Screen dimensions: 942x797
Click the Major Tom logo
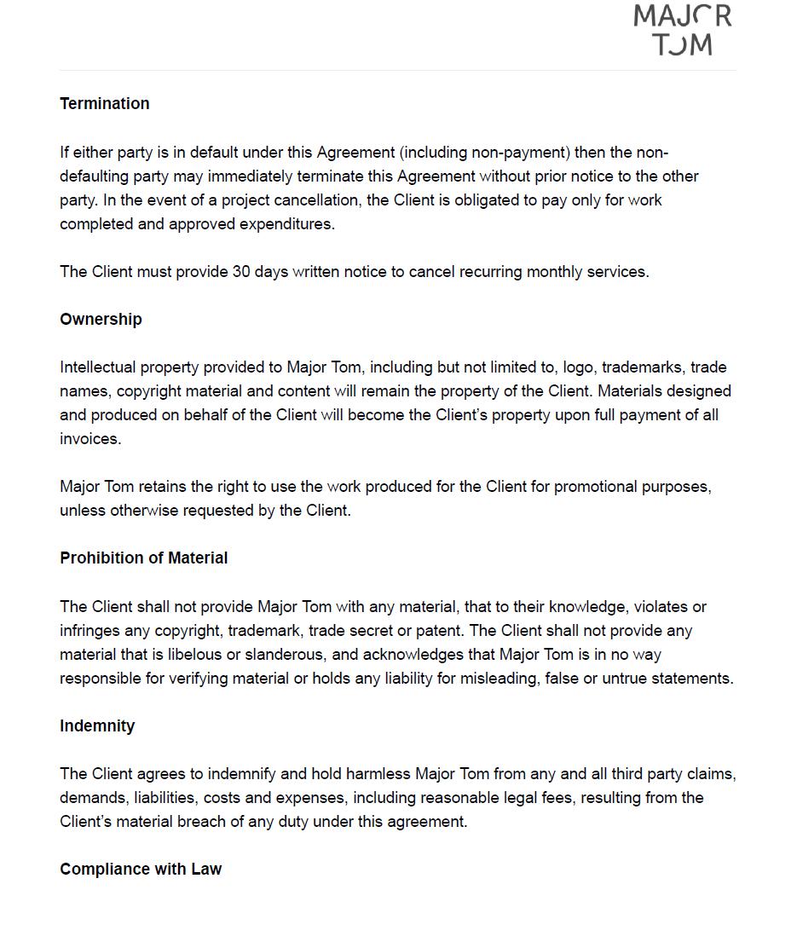pos(682,30)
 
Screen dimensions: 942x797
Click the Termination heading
pos(104,103)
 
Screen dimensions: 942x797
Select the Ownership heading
pos(101,319)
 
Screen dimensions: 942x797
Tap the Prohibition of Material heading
pos(143,558)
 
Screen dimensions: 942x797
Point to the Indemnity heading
pos(97,725)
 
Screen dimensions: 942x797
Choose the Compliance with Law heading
pos(141,869)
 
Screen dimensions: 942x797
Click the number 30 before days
pos(241,272)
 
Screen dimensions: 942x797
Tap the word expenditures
pos(286,224)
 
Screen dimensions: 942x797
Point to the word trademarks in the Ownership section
pos(641,367)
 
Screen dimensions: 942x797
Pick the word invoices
pos(90,439)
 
